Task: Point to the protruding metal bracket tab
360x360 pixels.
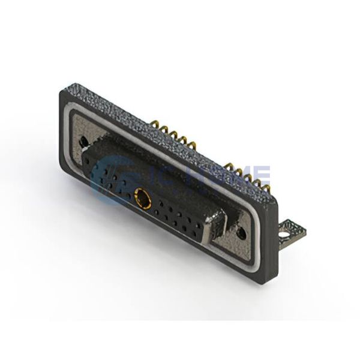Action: click(x=291, y=229)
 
